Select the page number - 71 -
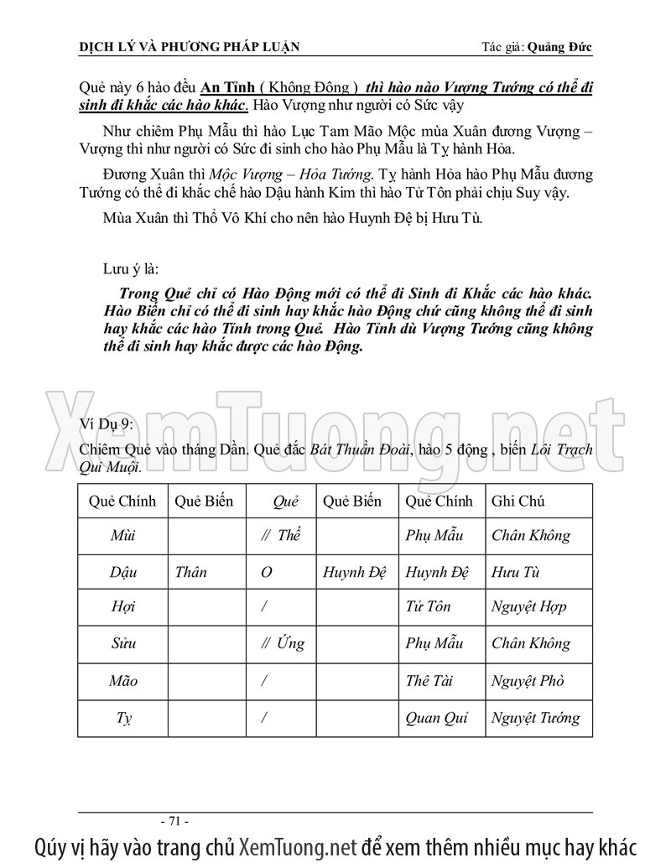click(177, 820)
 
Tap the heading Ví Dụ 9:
click(105, 423)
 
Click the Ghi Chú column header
click(518, 502)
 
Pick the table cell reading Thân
click(191, 574)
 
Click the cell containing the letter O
click(266, 574)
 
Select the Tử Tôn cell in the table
click(428, 607)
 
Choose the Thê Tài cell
click(429, 682)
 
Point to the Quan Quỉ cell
click(436, 719)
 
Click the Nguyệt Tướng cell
click(535, 719)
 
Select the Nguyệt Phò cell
click(528, 682)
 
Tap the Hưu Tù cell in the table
click(516, 574)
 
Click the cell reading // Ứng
click(282, 644)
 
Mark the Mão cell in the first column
click(123, 682)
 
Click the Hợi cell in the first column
click(122, 607)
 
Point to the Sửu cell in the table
click(123, 644)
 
